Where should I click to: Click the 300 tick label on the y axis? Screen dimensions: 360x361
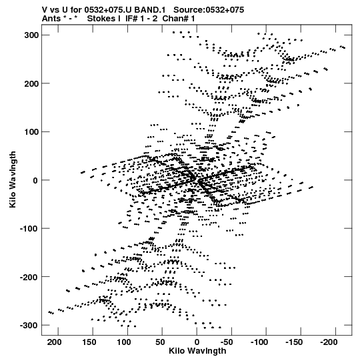31,35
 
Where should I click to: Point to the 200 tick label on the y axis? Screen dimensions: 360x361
31,83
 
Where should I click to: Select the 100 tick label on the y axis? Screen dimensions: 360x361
31,132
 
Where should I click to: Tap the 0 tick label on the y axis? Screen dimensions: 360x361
35,180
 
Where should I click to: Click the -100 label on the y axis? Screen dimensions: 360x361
29,229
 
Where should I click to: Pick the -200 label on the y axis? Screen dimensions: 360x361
29,277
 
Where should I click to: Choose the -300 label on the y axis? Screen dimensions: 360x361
29,326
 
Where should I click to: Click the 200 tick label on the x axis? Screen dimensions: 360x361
54,342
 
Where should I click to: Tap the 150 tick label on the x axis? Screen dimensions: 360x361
89,342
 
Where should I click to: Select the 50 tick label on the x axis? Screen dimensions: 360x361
160,342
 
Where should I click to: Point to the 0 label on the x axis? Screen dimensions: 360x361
197,342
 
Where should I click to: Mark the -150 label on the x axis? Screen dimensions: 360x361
294,342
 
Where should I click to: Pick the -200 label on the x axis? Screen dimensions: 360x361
329,342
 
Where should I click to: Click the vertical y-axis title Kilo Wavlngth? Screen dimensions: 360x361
13,179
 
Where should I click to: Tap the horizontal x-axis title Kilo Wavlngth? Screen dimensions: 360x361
197,351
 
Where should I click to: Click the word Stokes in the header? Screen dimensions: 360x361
101,19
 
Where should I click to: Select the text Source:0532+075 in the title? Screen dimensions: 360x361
209,10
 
